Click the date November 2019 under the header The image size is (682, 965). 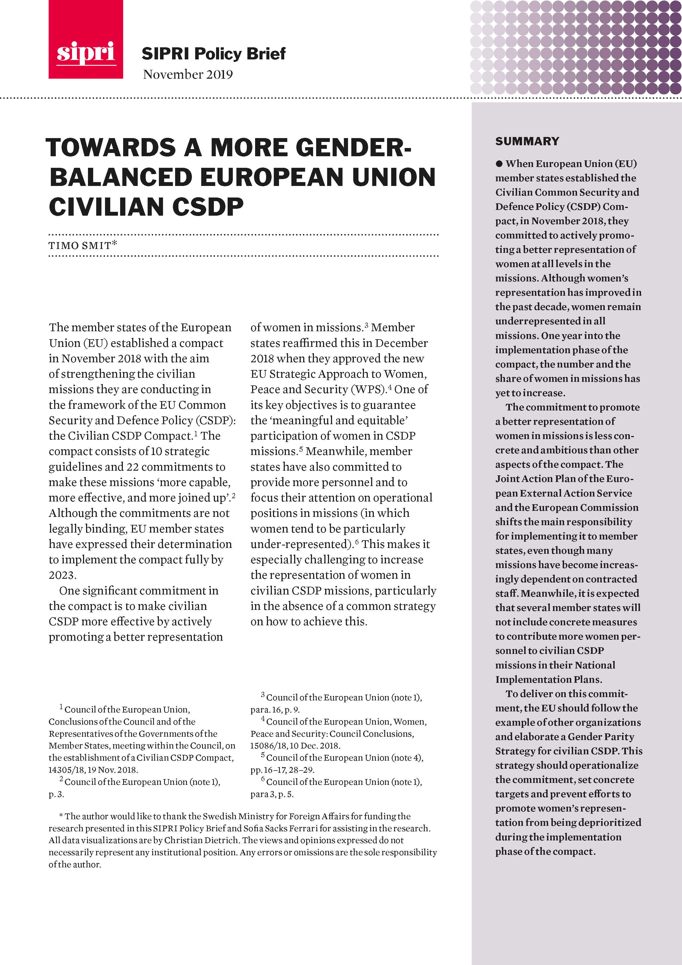click(x=188, y=74)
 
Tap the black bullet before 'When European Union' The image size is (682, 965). click(x=499, y=164)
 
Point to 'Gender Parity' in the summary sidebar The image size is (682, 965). click(x=601, y=737)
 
